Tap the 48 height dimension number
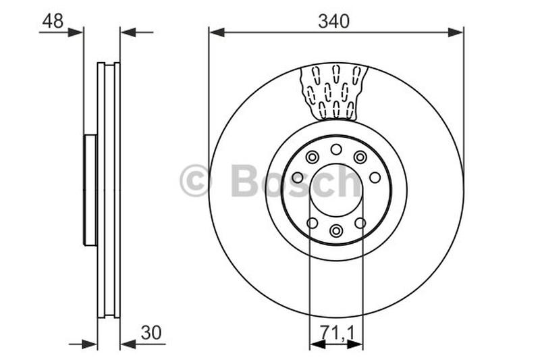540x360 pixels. [53, 21]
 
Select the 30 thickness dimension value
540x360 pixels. [151, 333]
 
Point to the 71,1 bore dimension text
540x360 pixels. [336, 333]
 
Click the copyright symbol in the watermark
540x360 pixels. [195, 181]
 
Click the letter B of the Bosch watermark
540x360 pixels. [244, 180]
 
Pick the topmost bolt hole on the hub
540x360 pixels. [336, 149]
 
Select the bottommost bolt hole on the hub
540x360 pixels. [336, 231]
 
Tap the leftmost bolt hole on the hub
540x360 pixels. [297, 178]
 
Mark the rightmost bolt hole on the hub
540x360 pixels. [375, 178]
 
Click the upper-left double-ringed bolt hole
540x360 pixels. [312, 157]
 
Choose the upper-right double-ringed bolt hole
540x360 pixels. [360, 157]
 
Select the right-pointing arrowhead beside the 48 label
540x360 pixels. [76, 32]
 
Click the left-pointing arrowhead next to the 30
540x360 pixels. [127, 344]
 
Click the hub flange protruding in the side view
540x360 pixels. [90, 190]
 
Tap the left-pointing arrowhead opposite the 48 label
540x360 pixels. [127, 32]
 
